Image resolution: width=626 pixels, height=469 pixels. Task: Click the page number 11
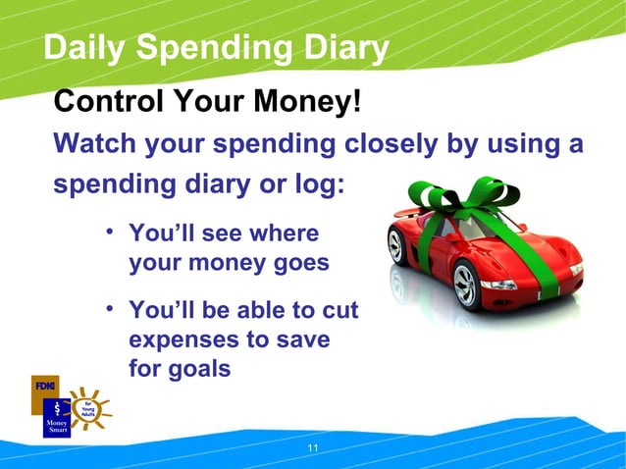pyautogui.click(x=313, y=448)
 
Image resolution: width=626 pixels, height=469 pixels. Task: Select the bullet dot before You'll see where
pyautogui.click(x=111, y=232)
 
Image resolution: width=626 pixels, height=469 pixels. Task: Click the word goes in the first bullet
pyautogui.click(x=300, y=263)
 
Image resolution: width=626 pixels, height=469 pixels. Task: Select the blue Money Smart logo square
pyautogui.click(x=57, y=418)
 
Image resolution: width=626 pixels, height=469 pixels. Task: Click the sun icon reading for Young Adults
pyautogui.click(x=88, y=405)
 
